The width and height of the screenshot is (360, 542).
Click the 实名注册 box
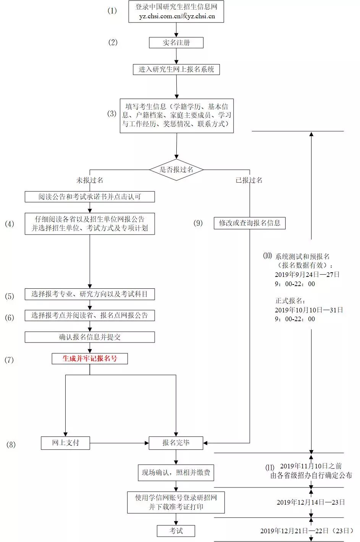(176, 43)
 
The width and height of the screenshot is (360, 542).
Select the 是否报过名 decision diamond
(176, 170)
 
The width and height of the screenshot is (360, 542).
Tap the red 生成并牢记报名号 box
(90, 359)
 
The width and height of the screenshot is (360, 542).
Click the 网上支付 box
(65, 443)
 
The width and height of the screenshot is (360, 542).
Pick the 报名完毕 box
(176, 443)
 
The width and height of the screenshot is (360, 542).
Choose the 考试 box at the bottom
(176, 531)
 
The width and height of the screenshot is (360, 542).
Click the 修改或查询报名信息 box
(249, 223)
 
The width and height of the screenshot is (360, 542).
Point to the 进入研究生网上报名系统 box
(176, 69)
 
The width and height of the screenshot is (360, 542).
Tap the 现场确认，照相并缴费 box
(176, 473)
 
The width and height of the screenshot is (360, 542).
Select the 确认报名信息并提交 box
(90, 337)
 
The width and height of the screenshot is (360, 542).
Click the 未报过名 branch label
(90, 180)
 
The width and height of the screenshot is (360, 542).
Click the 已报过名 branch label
(249, 180)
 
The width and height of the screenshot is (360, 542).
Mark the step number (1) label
(112, 11)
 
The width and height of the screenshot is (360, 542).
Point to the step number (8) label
(11, 444)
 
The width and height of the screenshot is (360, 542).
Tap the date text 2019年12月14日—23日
(311, 502)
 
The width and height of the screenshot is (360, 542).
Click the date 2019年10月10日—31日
(308, 310)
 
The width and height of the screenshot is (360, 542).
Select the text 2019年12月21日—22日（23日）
(307, 531)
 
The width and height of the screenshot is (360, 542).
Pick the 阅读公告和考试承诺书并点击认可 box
(90, 197)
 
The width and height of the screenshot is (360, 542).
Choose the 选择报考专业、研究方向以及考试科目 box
(90, 294)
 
